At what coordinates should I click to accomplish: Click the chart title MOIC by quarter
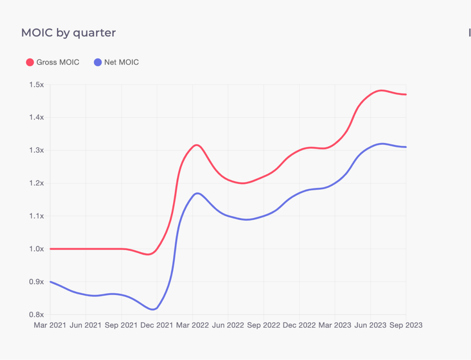[x=68, y=33]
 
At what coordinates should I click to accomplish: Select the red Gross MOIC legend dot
[x=30, y=62]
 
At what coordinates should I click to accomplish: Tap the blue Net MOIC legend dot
[x=98, y=62]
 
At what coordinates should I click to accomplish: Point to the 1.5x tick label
[x=36, y=85]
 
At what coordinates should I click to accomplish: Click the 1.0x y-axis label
[x=36, y=249]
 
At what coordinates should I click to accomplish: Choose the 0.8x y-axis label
[x=36, y=315]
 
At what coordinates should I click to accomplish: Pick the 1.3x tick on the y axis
[x=36, y=150]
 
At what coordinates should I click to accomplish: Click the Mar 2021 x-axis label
[x=50, y=325]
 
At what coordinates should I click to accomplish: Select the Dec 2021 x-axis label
[x=157, y=325]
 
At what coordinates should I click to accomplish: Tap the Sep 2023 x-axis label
[x=406, y=325]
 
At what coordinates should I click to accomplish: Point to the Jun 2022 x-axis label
[x=228, y=325]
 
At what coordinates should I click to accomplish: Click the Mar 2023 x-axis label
[x=335, y=325]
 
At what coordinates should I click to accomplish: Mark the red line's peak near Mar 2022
[x=196, y=145]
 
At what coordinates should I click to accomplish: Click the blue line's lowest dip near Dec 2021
[x=153, y=309]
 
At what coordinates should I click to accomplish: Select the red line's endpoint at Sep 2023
[x=406, y=95]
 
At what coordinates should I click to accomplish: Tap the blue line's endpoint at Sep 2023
[x=406, y=147]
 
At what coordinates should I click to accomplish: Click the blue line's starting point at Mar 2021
[x=50, y=282]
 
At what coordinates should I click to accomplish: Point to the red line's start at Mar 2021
[x=50, y=249]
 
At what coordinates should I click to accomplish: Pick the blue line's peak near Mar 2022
[x=197, y=193]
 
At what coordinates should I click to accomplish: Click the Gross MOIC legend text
[x=58, y=62]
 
